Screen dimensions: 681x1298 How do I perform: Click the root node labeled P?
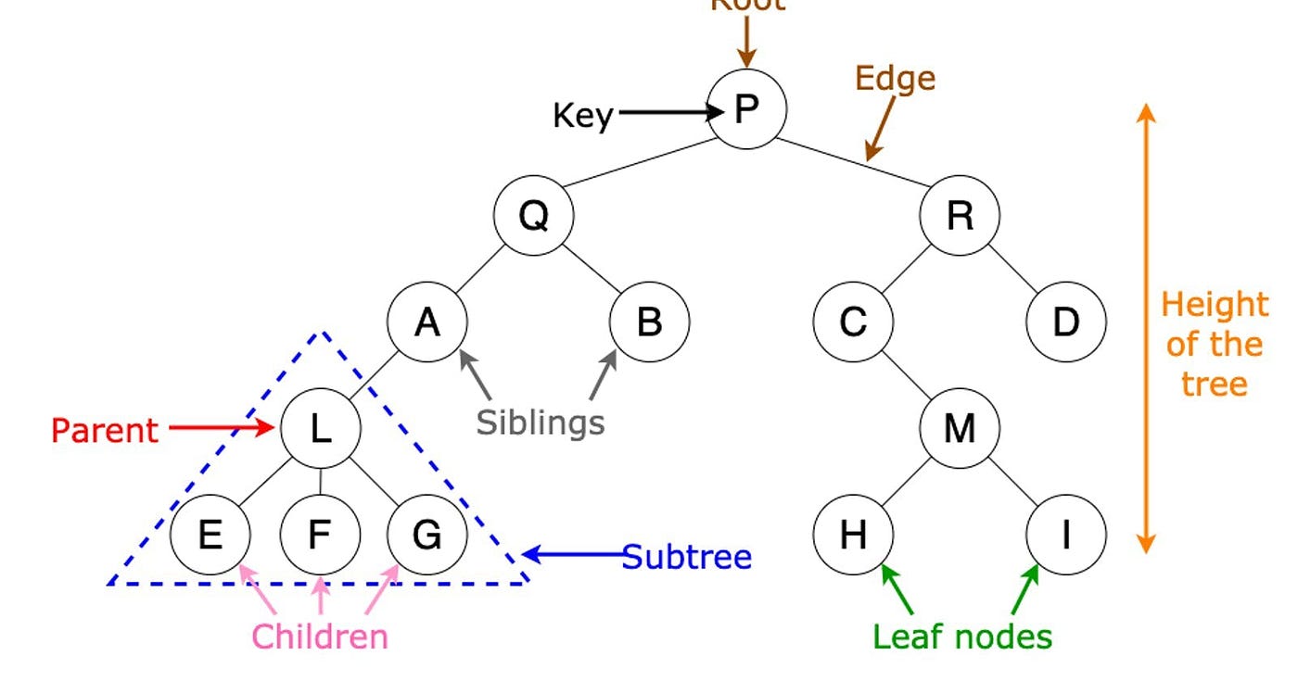pos(746,109)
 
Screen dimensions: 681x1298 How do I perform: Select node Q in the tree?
pos(533,216)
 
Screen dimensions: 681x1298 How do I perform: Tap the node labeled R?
pos(960,216)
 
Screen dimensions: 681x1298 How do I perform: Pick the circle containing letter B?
pos(649,322)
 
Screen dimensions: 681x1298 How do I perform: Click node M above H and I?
pos(960,428)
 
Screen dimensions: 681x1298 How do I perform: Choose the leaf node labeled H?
pos(853,535)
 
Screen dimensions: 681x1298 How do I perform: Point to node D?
pos(1066,322)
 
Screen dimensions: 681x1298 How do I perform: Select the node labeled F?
pos(320,535)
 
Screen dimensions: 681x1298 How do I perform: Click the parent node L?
pos(320,428)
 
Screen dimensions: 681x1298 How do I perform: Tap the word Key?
pos(582,116)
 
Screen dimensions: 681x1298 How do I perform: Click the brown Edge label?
pos(895,78)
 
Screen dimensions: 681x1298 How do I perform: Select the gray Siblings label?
pos(541,422)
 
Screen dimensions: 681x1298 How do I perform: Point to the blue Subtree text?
pos(686,557)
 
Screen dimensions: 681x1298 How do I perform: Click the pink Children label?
pos(320,637)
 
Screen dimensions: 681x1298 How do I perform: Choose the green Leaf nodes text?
pos(962,637)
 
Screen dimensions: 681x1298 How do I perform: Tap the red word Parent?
pos(104,430)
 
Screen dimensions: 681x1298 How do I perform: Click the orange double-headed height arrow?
pos(1147,329)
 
